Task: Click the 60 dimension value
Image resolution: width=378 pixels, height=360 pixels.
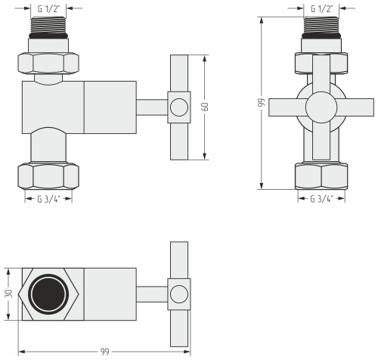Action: tap(206, 107)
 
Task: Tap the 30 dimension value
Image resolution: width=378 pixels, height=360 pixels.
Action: tap(8, 294)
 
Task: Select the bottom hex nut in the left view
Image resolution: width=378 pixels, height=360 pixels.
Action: tap(48, 176)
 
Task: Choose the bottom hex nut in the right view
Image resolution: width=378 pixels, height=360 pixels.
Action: tap(322, 176)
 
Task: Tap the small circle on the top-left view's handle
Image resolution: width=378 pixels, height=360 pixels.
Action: tap(178, 107)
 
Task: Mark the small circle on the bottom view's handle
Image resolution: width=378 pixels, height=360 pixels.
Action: tap(178, 294)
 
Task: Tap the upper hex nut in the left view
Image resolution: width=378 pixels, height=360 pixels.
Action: tap(48, 63)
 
